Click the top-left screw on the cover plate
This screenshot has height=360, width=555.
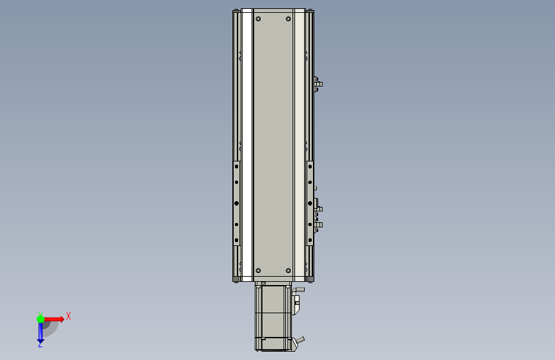[x=258, y=19]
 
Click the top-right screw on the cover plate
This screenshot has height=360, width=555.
[x=288, y=19]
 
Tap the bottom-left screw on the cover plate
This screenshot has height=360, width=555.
[x=258, y=271]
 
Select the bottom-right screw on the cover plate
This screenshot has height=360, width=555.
[x=288, y=271]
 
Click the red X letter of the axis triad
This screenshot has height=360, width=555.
[x=68, y=316]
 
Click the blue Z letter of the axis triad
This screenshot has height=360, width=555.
[x=40, y=344]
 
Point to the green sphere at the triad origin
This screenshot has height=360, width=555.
[x=41, y=319]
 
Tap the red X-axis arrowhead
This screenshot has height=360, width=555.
[x=62, y=319]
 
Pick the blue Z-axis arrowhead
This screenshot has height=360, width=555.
[x=40, y=341]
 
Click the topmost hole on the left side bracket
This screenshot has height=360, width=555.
[x=236, y=167]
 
